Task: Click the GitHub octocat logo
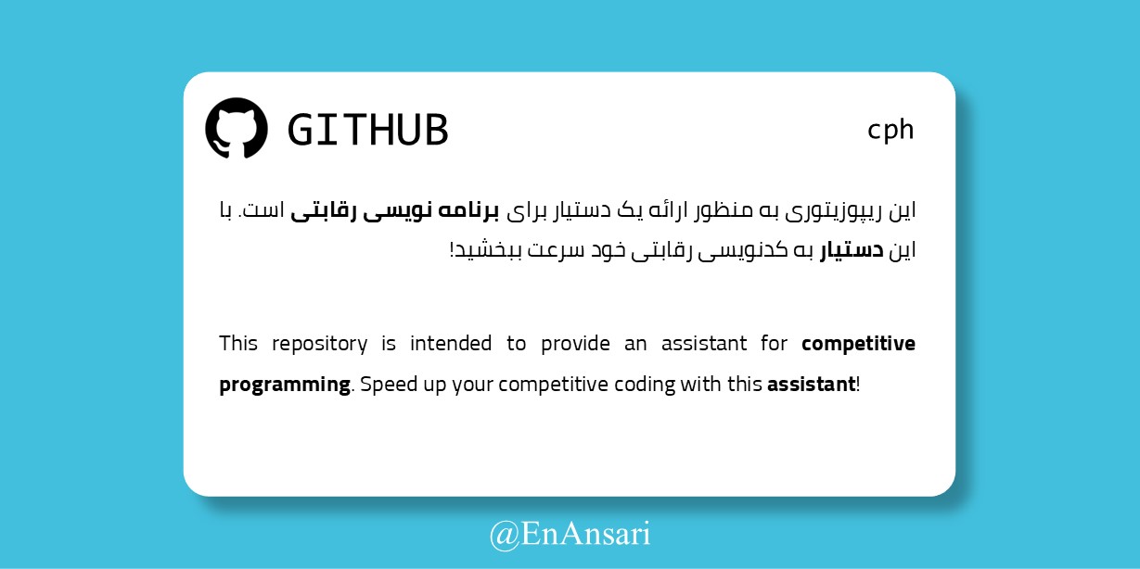pyautogui.click(x=237, y=128)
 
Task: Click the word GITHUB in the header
pyautogui.click(x=368, y=130)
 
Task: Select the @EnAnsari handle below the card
pyautogui.click(x=570, y=535)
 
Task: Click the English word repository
pyautogui.click(x=319, y=344)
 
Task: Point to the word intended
pyautogui.click(x=451, y=343)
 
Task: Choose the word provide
pyautogui.click(x=575, y=344)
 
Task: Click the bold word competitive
pyautogui.click(x=858, y=344)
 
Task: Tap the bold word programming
pyautogui.click(x=285, y=385)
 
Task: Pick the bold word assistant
pyautogui.click(x=811, y=385)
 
